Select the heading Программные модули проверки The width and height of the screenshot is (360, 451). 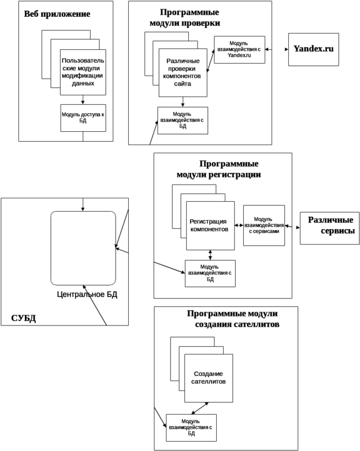[184, 18]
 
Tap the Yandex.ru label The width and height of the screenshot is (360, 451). [314, 49]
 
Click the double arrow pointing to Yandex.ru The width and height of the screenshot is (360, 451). [277, 50]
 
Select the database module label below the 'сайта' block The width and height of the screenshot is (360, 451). [182, 120]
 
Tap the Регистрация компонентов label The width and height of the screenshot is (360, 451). [209, 225]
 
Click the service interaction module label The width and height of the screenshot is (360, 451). [263, 225]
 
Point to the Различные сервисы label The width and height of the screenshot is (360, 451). [330, 225]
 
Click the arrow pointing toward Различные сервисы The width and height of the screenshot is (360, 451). [292, 227]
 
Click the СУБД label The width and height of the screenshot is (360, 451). [23, 319]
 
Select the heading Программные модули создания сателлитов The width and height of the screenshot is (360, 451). [234, 319]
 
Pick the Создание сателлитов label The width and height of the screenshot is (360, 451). [208, 378]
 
